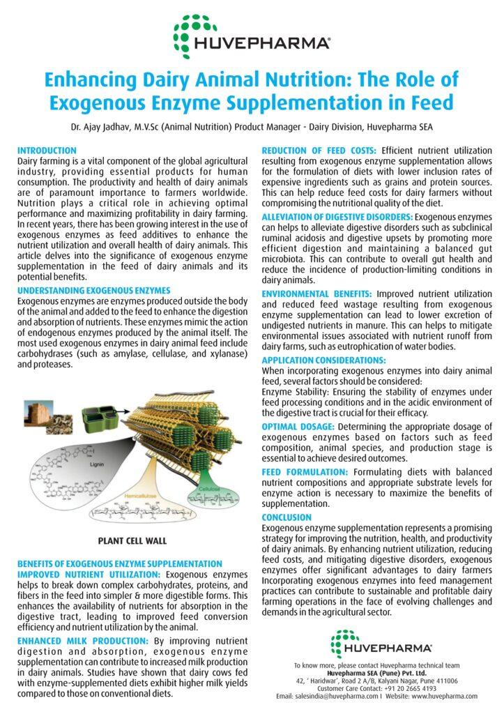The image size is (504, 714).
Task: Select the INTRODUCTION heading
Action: point(47,151)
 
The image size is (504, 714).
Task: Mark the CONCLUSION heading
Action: point(287,517)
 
